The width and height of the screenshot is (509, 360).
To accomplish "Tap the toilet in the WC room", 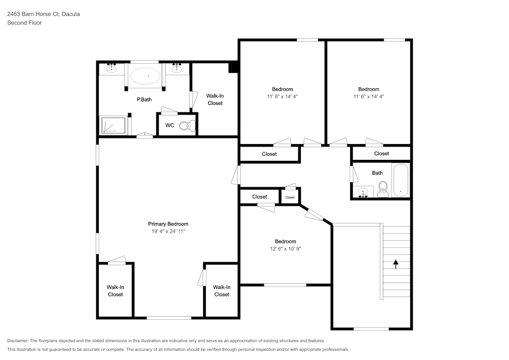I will click(187, 125).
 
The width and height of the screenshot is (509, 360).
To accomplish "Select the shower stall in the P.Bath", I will click(113, 125).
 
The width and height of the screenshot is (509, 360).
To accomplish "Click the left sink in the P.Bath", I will click(111, 69).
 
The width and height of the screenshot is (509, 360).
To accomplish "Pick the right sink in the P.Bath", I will click(177, 69).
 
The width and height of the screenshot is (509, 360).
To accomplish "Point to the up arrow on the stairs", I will click(395, 264).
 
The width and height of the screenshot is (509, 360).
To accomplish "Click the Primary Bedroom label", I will click(168, 224).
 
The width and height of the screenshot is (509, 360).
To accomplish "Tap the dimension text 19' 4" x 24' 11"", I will click(168, 232).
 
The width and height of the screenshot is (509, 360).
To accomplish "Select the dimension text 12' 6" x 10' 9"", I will click(285, 249).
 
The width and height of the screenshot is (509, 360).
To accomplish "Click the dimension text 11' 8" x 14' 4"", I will click(282, 97).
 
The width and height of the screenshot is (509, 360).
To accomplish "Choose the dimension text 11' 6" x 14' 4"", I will click(369, 97).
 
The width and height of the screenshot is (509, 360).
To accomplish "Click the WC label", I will click(169, 125).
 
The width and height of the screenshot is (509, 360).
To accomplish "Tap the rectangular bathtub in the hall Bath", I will click(401, 180).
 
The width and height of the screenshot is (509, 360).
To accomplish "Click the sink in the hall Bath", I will click(363, 192).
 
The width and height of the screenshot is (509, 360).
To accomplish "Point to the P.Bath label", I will click(144, 100).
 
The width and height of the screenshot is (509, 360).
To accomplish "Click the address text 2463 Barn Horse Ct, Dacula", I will click(43, 14).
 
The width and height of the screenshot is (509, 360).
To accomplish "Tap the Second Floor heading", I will click(24, 23).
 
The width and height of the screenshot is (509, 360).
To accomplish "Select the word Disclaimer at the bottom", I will click(18, 341).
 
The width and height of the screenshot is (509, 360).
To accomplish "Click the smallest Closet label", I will click(290, 198).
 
